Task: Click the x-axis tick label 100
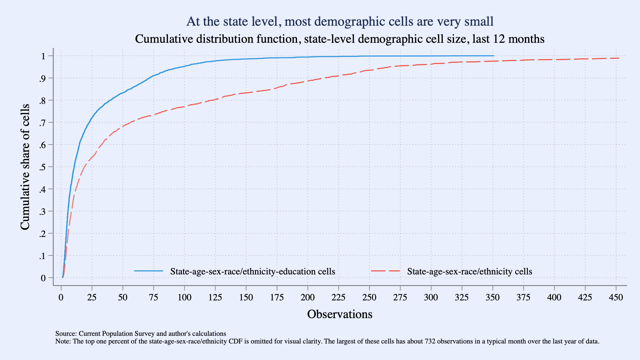tap(184, 297)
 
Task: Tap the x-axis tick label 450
tap(616, 297)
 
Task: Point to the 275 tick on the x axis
tap(400, 297)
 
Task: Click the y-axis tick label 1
tap(43, 56)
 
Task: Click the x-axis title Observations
tap(340, 314)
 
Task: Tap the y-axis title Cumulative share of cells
tap(25, 167)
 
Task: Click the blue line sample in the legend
tap(148, 271)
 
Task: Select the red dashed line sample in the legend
tap(386, 271)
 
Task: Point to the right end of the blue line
tap(494, 56)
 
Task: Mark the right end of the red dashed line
tap(619, 58)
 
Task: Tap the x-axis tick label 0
tap(61, 297)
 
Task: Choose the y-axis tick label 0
tap(43, 278)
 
